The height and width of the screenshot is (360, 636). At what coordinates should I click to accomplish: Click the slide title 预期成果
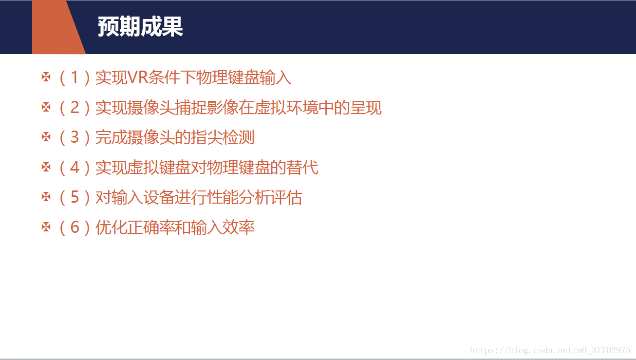pos(140,27)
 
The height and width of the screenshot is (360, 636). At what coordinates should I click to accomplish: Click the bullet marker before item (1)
pos(46,77)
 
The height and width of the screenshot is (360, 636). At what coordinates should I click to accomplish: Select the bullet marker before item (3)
pos(46,137)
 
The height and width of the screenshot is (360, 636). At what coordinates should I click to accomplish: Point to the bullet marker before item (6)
pos(46,227)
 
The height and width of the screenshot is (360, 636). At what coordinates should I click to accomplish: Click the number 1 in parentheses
pos(75,77)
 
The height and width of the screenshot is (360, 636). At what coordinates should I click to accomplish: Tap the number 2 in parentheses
pos(75,108)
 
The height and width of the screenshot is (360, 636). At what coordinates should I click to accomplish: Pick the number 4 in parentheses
pos(75,167)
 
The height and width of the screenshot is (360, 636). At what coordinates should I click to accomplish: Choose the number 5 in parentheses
pos(75,197)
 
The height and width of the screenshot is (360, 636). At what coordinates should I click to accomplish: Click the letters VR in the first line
pos(138,77)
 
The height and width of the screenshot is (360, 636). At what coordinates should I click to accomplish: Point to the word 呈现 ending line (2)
pos(366,108)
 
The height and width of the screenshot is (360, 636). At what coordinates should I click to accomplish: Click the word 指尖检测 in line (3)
pos(223,137)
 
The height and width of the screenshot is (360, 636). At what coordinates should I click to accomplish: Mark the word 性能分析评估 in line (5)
pos(254,198)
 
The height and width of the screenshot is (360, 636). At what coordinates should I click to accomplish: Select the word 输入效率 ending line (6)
pos(223,227)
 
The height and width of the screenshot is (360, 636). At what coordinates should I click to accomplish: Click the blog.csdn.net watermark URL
pos(550,350)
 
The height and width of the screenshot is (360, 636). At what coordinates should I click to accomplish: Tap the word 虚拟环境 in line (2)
pos(286,108)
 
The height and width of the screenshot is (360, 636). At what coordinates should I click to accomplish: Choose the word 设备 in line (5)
pos(158,198)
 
